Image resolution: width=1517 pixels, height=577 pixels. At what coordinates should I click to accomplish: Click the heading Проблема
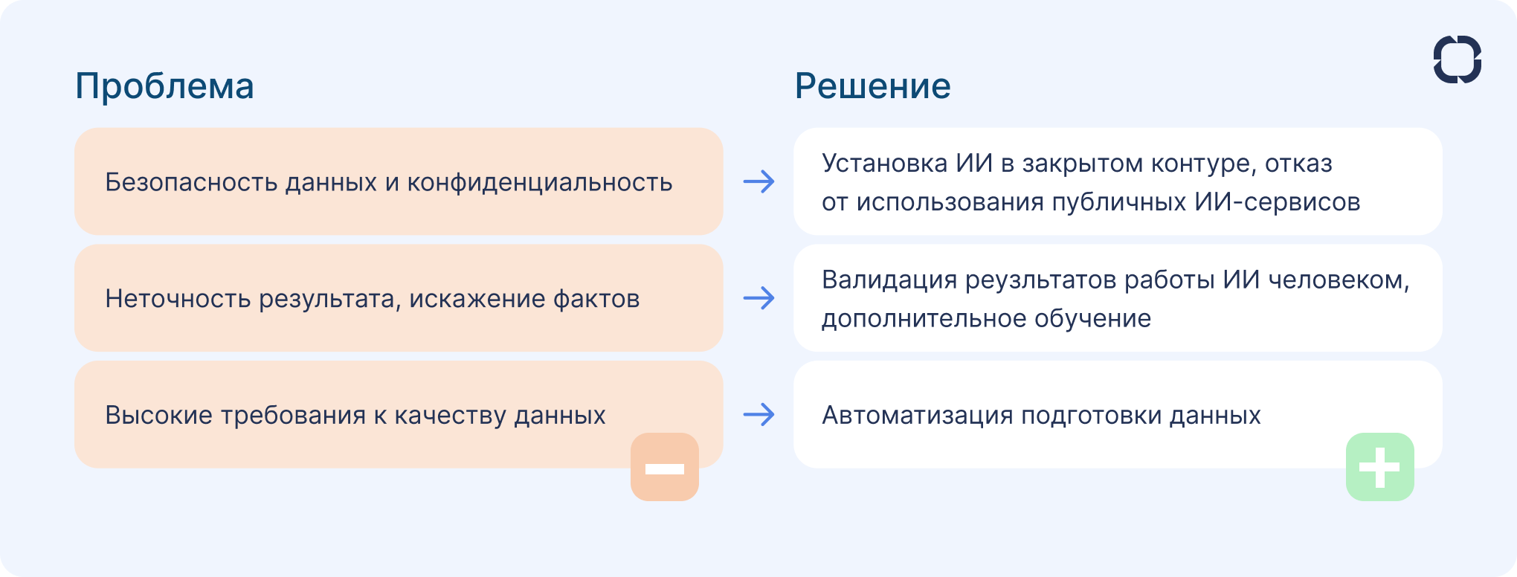pyautogui.click(x=164, y=86)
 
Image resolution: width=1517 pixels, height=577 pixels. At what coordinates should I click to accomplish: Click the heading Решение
pyautogui.click(x=872, y=86)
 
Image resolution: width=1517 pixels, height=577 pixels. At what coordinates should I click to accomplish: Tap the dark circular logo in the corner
pyautogui.click(x=1457, y=59)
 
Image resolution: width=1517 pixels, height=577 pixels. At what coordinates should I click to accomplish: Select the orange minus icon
pyautogui.click(x=665, y=468)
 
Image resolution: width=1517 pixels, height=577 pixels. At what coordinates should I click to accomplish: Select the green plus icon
pyautogui.click(x=1379, y=468)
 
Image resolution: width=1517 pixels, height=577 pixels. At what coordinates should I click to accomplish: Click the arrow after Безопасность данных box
pyautogui.click(x=758, y=182)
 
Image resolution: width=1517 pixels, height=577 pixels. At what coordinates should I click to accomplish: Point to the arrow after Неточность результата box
pyautogui.click(x=758, y=298)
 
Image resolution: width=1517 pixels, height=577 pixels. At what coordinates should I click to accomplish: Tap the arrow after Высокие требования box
pyautogui.click(x=758, y=415)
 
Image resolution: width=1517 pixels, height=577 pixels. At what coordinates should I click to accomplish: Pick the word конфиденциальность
pyautogui.click(x=539, y=182)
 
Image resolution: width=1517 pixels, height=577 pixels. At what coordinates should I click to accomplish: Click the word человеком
pyautogui.click(x=1338, y=280)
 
